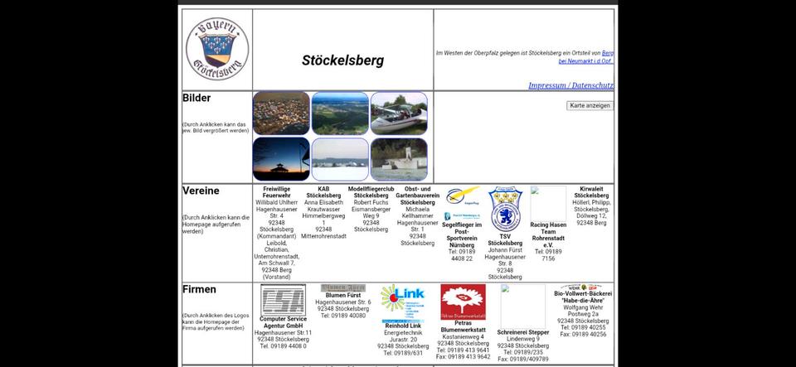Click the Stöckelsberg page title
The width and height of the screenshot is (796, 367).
342,60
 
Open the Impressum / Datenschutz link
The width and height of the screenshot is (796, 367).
570,85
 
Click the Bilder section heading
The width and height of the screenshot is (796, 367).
197,98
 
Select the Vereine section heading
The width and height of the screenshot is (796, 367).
201,191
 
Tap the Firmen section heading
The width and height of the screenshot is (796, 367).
199,289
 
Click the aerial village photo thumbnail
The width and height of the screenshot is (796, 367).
281,113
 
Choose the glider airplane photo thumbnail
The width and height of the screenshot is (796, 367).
399,113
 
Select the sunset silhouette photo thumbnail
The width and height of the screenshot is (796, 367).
281,159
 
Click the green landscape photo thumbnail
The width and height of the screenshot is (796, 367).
340,113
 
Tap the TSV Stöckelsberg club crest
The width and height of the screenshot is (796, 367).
504,209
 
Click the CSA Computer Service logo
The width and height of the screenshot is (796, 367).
283,300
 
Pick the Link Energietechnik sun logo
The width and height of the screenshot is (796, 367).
402,303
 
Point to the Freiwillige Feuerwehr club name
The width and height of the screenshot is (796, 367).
276,193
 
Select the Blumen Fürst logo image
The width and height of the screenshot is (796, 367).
342,288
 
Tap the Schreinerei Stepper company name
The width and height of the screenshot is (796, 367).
522,332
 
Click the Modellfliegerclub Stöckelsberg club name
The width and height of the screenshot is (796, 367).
371,193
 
